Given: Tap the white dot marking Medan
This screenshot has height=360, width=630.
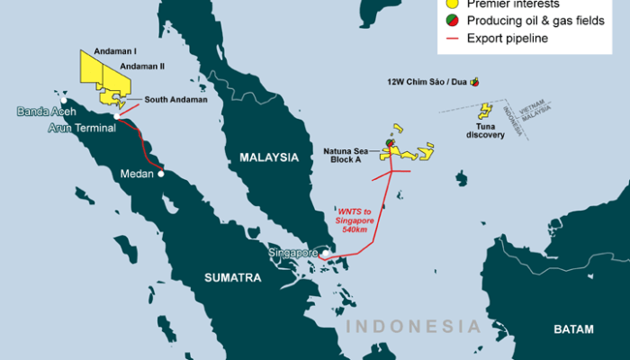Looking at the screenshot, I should pos(162,174).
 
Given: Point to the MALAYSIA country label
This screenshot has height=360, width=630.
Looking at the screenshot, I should pos(268,157).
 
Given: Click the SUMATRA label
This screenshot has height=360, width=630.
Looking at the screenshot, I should pos(231,277).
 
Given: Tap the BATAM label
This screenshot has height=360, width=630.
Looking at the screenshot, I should pos(573,329).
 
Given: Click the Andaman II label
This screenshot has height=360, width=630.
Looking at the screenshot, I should pos(142,66).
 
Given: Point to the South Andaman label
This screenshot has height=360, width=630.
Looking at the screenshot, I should pos(175,99).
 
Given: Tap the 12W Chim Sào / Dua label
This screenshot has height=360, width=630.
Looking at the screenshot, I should pos(425,81).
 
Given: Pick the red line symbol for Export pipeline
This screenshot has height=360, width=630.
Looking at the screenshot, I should pos(451,39).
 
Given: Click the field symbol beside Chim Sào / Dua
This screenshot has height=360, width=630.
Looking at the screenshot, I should pos(474,81).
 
